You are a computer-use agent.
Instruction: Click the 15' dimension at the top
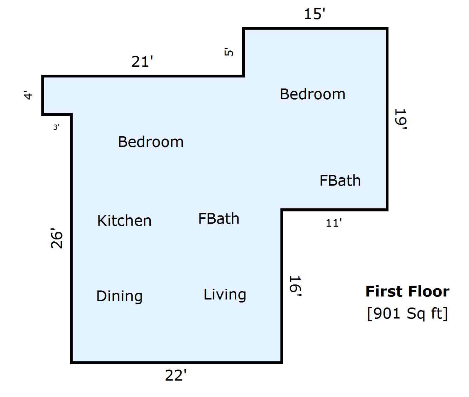pyautogui.click(x=314, y=14)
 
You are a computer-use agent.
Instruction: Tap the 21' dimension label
pyautogui.click(x=142, y=62)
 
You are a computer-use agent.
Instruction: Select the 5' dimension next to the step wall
pyautogui.click(x=229, y=52)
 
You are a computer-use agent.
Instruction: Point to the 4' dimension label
pyautogui.click(x=28, y=95)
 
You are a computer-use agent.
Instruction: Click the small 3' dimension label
pyautogui.click(x=56, y=127)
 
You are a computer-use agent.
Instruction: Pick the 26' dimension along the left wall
pyautogui.click(x=57, y=238)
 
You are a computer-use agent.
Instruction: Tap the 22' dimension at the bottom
pyautogui.click(x=176, y=376)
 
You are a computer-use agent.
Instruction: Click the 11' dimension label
pyautogui.click(x=334, y=223)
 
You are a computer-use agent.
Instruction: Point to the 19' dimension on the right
pyautogui.click(x=401, y=119)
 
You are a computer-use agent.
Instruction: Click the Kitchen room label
pyautogui.click(x=124, y=220)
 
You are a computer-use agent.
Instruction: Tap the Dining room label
pyautogui.click(x=119, y=296)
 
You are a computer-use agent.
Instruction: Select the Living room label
pyautogui.click(x=225, y=295)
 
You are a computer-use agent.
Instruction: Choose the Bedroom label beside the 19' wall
pyautogui.click(x=312, y=94)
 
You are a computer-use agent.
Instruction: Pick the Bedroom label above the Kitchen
pyautogui.click(x=151, y=142)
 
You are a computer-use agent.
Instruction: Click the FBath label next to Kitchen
pyautogui.click(x=219, y=219)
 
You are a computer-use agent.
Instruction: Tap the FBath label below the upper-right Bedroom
pyautogui.click(x=340, y=180)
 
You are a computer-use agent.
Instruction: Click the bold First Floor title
pyautogui.click(x=407, y=291)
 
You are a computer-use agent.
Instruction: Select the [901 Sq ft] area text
pyautogui.click(x=407, y=313)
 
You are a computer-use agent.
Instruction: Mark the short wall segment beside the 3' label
pyautogui.click(x=57, y=114)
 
